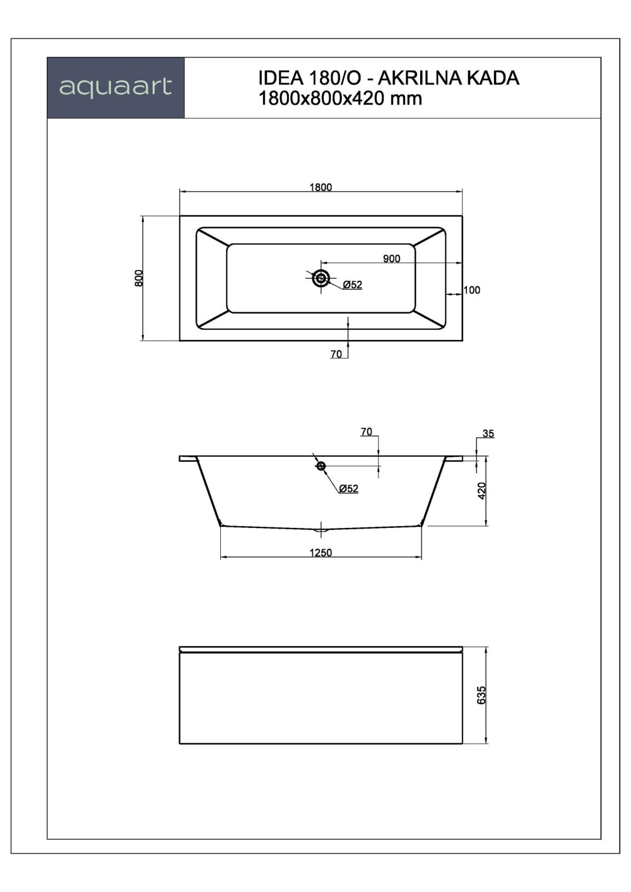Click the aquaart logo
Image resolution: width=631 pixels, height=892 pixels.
[x=115, y=87]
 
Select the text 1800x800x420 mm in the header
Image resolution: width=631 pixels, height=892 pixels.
[x=340, y=98]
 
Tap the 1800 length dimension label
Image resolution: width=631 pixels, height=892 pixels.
[x=321, y=187]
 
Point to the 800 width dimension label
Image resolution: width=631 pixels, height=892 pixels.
[x=139, y=278]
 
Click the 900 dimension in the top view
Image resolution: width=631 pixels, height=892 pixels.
[x=391, y=259]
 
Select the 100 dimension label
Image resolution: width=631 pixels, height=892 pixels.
[x=471, y=290]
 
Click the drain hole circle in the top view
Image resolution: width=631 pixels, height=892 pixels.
[x=321, y=278]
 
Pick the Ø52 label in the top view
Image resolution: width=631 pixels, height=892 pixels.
[x=353, y=285]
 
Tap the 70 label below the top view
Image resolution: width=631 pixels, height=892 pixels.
[x=336, y=355]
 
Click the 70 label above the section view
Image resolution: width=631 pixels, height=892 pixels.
[x=366, y=432]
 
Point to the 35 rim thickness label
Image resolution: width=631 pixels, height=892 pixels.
[x=488, y=434]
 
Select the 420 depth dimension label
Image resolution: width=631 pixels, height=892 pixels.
[x=482, y=491]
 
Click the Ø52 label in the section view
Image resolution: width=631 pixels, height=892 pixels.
[x=348, y=489]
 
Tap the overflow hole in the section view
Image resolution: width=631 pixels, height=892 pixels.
[x=321, y=466]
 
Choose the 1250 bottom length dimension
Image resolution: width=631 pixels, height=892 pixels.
[x=321, y=553]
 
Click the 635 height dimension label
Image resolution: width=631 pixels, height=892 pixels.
[x=482, y=695]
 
